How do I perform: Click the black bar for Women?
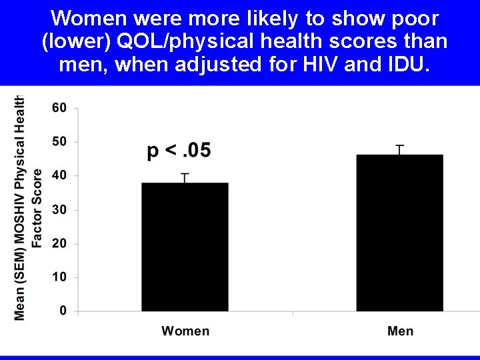(185, 247)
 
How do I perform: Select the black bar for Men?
(399, 233)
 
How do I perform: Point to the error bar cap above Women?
(185, 174)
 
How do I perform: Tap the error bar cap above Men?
(399, 145)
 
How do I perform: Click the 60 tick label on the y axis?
(59, 108)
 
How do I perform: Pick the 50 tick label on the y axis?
(59, 142)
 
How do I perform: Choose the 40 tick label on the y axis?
(59, 175)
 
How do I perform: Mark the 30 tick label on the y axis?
(59, 210)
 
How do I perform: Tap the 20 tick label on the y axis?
(59, 243)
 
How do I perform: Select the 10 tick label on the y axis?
(59, 277)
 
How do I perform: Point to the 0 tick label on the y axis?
(63, 311)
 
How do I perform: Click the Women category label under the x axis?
(185, 331)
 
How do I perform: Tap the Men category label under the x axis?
(400, 331)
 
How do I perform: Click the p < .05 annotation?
(179, 151)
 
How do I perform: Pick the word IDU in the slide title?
(396, 65)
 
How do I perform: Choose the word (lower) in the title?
(72, 41)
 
